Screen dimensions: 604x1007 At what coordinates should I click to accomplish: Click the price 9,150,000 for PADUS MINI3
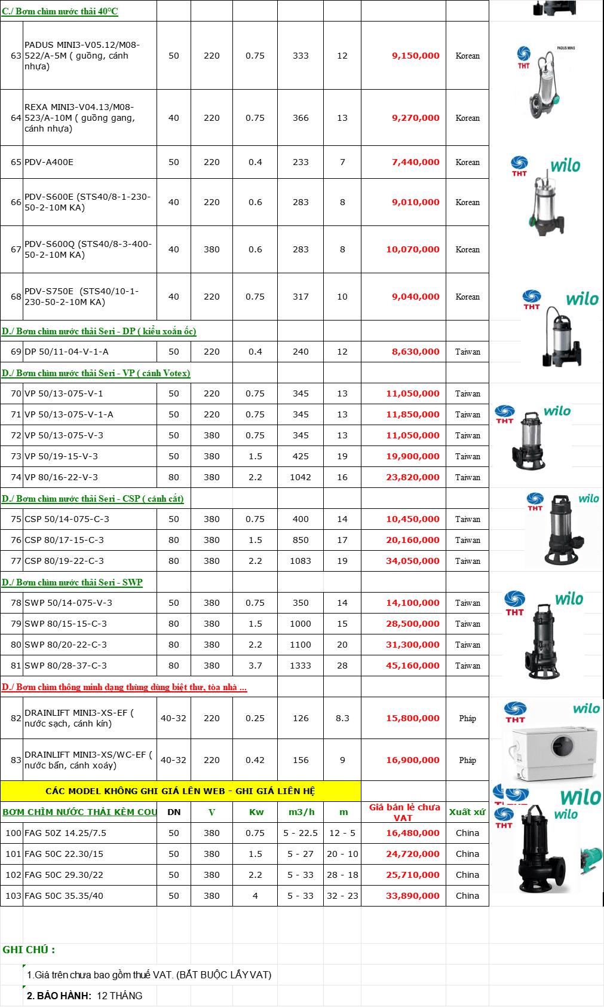click(x=415, y=56)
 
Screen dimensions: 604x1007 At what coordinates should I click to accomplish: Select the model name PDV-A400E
click(x=49, y=162)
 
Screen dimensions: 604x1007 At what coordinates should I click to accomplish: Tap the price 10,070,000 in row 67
click(x=413, y=249)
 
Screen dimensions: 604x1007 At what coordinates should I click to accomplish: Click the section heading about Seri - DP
click(x=99, y=331)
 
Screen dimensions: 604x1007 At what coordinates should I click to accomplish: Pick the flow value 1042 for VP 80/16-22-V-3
click(x=301, y=477)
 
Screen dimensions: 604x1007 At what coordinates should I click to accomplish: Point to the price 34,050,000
click(x=413, y=561)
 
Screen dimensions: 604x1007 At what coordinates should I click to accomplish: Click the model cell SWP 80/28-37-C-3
click(x=66, y=666)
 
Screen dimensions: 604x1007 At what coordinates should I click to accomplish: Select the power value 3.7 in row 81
click(x=255, y=666)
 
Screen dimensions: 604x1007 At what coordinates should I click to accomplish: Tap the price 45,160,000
click(x=413, y=666)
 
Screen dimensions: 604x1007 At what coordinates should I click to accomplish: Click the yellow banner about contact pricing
click(x=180, y=791)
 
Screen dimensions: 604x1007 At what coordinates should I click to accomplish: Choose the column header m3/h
click(x=301, y=812)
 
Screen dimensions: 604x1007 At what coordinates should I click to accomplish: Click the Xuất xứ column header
click(x=467, y=812)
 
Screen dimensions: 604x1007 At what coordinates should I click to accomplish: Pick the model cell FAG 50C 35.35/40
click(x=64, y=896)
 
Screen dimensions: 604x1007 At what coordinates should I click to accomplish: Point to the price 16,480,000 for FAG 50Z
click(x=413, y=833)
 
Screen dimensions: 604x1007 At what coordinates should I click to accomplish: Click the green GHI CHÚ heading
click(x=29, y=950)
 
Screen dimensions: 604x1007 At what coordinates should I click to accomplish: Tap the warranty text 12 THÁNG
click(x=119, y=996)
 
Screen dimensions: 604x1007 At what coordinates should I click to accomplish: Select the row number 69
click(x=16, y=352)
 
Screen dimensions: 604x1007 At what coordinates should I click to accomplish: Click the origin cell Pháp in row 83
click(x=467, y=760)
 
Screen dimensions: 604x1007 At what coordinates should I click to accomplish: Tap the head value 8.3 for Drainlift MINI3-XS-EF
click(x=342, y=718)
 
